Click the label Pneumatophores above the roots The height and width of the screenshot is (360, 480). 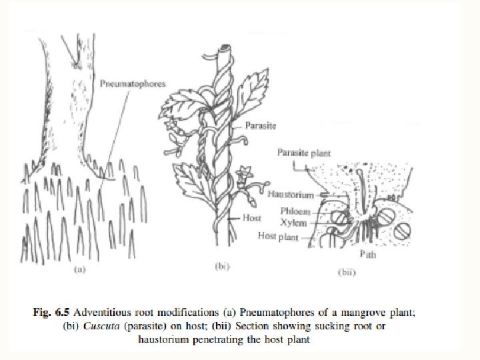click(132, 84)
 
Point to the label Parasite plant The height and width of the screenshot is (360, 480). click(303, 153)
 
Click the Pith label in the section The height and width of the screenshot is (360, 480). click(367, 254)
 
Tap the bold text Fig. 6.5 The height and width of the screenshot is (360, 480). click(53, 311)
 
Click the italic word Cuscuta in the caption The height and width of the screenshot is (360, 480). click(93, 325)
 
